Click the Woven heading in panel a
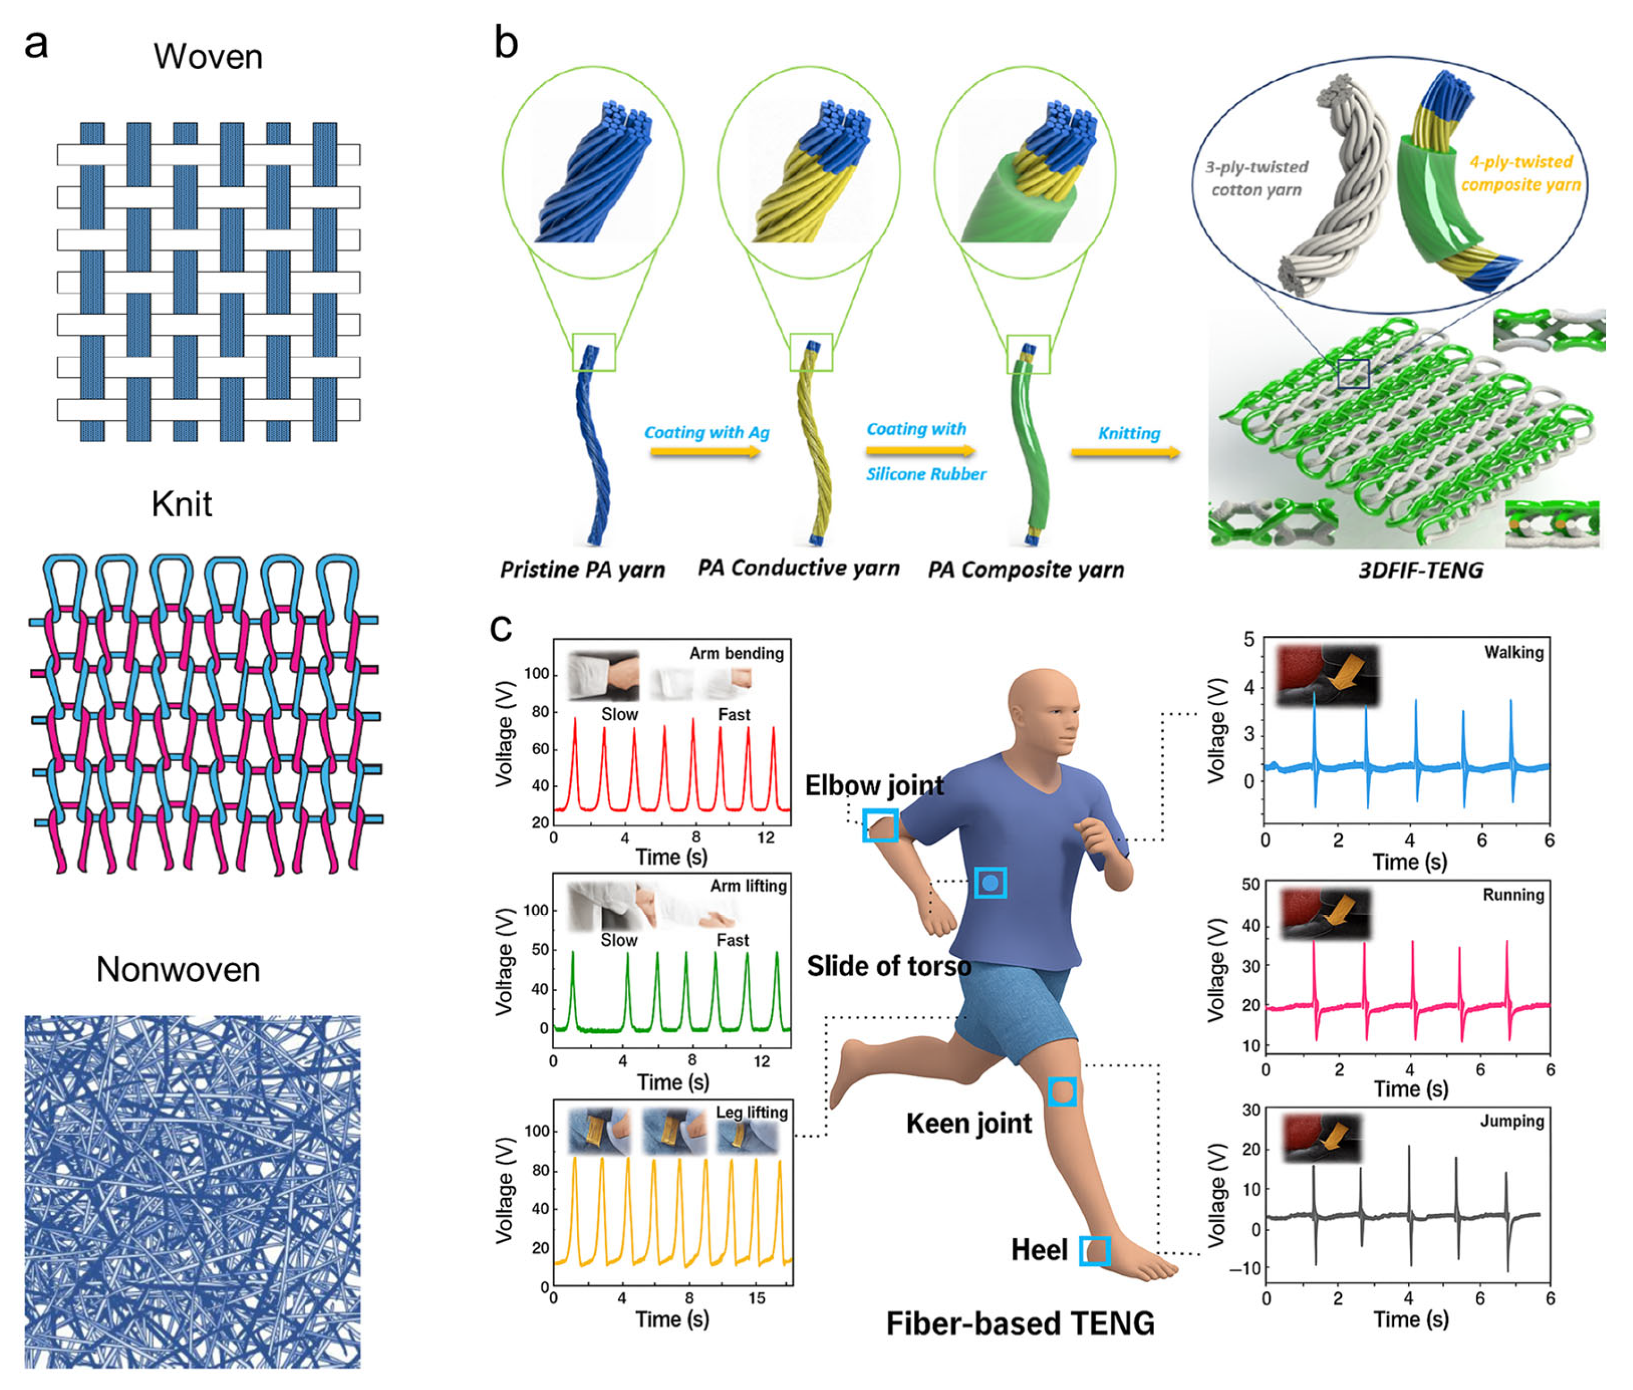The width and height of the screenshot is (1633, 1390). tap(208, 57)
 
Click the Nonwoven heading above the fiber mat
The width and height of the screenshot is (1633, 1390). tap(178, 969)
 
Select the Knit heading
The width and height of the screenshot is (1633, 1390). tap(181, 504)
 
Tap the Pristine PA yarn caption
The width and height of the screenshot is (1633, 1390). tap(582, 570)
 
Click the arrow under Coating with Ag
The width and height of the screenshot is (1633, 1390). tap(705, 452)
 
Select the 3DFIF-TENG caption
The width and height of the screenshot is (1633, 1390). tap(1420, 570)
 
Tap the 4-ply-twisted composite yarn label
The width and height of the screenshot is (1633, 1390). tap(1520, 173)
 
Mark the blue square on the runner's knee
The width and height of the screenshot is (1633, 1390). tap(1062, 1091)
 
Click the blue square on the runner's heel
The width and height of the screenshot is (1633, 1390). tap(1094, 1251)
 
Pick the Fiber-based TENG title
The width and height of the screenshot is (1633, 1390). tap(1020, 1323)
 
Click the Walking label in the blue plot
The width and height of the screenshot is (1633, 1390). tap(1513, 652)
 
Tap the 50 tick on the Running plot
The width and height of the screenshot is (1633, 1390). tap(1250, 885)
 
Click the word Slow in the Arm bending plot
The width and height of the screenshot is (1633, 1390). tap(619, 715)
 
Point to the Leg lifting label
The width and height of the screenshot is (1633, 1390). tap(751, 1112)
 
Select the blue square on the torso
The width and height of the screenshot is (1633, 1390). tap(990, 883)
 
